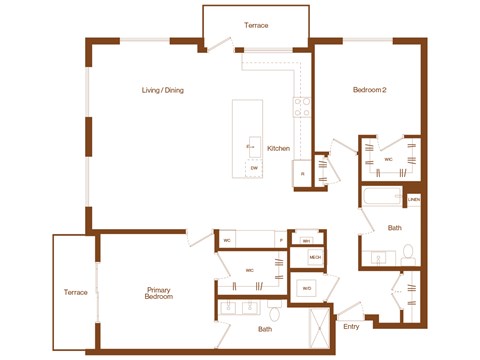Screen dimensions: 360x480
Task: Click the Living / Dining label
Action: tap(162, 90)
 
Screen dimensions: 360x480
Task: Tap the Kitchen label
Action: tap(278, 148)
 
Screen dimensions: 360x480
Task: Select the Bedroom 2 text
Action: tap(369, 90)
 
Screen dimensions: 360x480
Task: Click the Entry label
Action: tap(351, 326)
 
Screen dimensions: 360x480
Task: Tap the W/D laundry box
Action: tap(306, 289)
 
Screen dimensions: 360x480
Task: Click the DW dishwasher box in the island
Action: tap(255, 167)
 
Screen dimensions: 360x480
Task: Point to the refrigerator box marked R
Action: tap(303, 174)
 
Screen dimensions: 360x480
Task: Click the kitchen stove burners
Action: tap(298, 103)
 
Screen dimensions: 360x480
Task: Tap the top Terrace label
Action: tap(256, 25)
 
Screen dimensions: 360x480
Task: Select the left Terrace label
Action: tap(74, 292)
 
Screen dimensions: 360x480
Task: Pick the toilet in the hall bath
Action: tap(408, 259)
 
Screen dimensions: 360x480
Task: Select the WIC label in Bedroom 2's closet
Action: tap(388, 158)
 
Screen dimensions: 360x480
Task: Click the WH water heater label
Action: tap(307, 241)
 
